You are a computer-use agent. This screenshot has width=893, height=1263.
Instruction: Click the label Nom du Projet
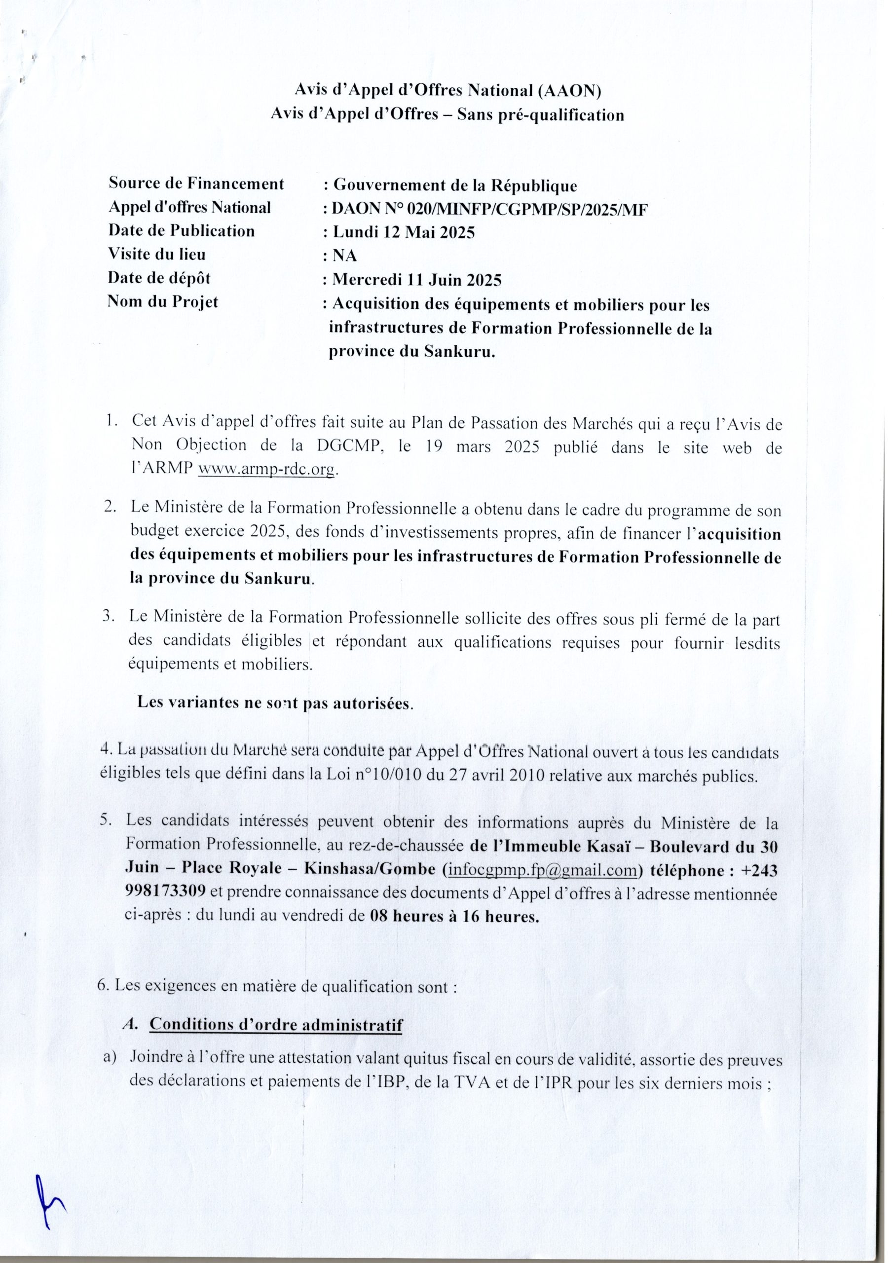click(163, 302)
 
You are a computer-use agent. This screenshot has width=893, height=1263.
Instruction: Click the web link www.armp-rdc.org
click(266, 469)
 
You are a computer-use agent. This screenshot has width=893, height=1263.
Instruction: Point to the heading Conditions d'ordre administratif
click(276, 1024)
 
